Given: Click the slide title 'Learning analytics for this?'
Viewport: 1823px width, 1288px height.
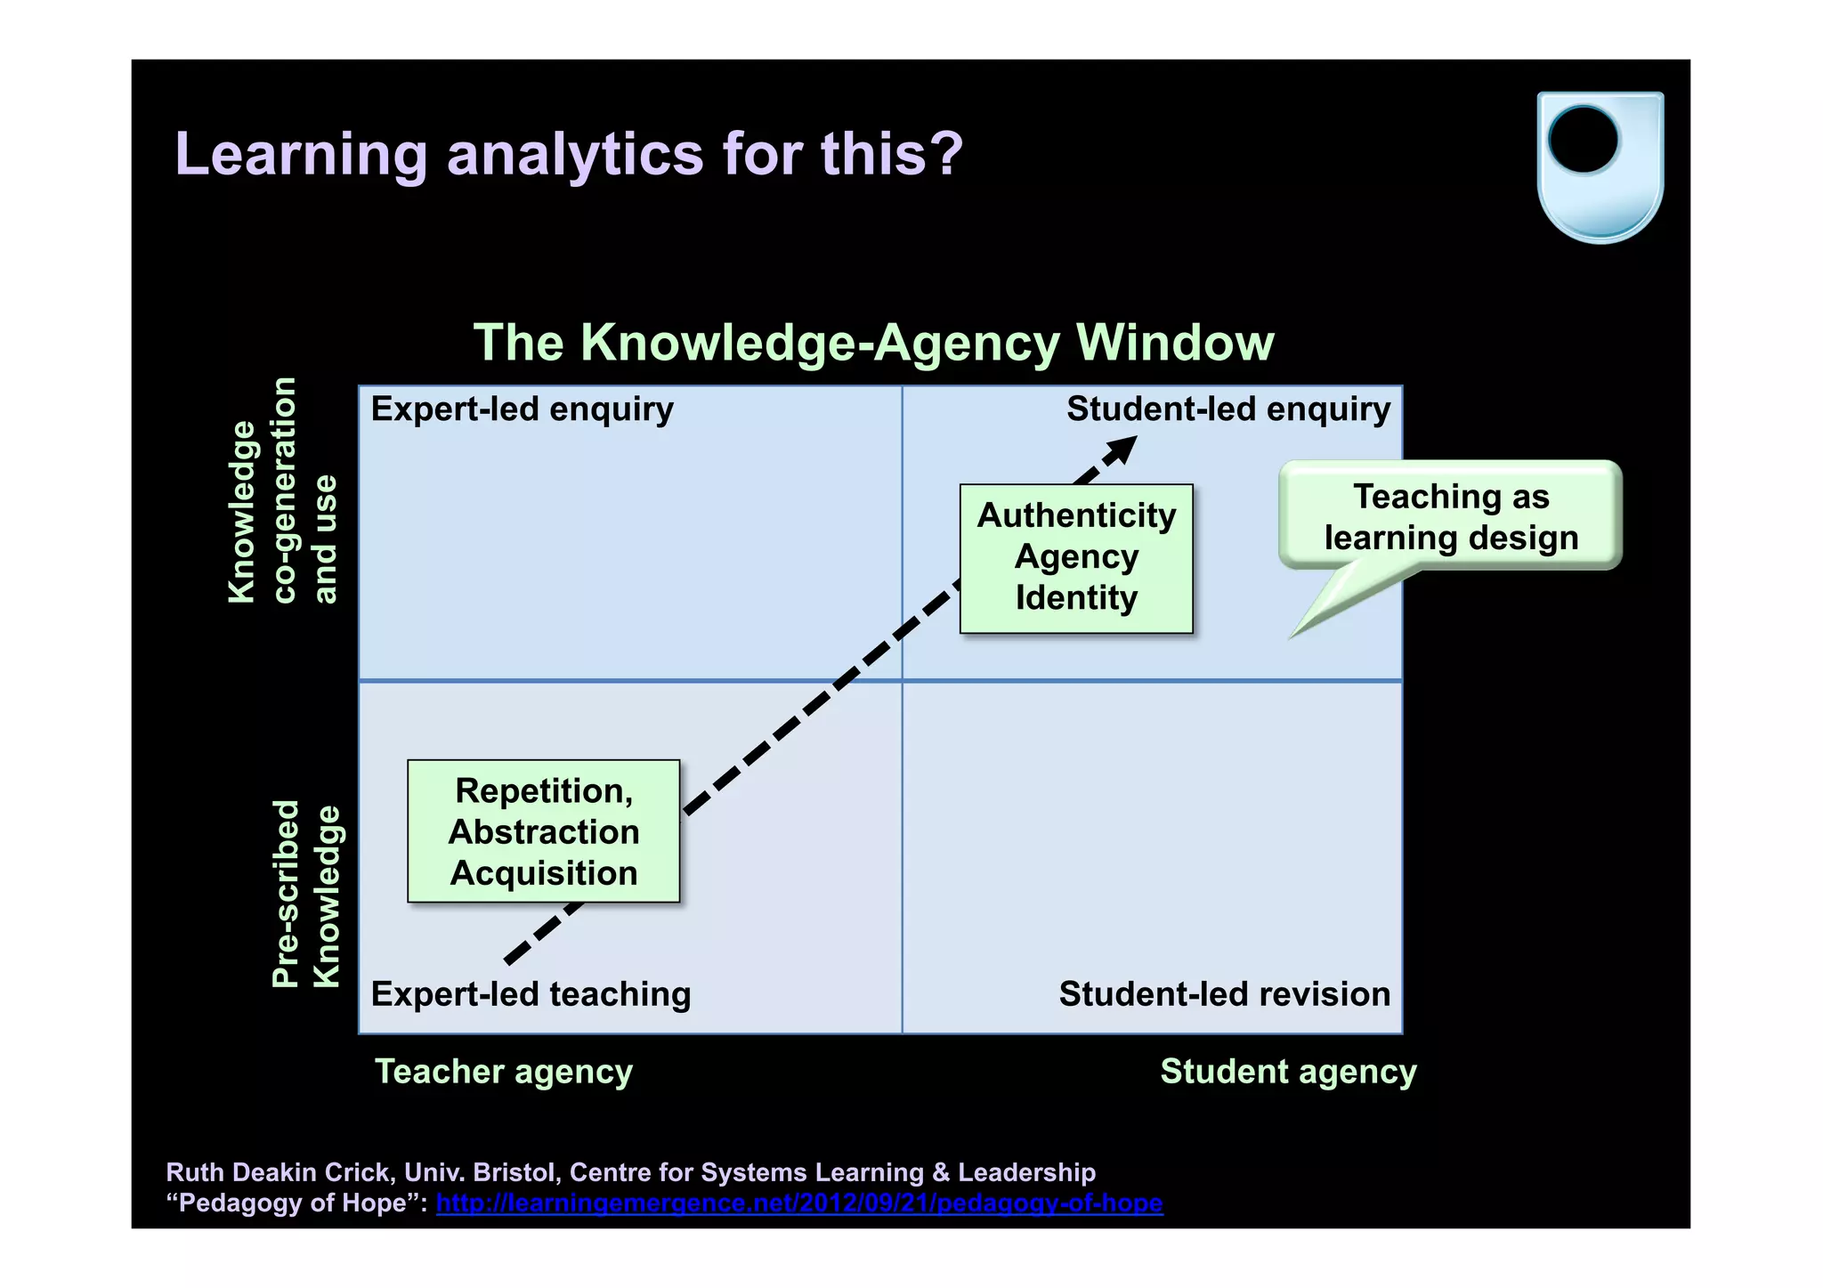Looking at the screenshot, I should point(569,154).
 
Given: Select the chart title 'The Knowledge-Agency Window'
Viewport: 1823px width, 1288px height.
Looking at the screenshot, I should point(873,342).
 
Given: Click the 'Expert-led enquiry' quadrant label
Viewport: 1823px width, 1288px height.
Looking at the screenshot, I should point(522,409).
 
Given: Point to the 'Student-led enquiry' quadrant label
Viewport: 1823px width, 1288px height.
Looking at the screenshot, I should point(1228,409).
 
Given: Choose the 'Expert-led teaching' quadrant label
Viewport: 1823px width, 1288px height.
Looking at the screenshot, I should point(531,993).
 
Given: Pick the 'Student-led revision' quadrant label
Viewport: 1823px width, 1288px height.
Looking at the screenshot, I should point(1224,993).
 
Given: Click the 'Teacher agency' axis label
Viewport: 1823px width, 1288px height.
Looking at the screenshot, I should point(504,1071).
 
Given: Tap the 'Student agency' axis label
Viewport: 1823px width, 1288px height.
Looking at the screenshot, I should point(1288,1071).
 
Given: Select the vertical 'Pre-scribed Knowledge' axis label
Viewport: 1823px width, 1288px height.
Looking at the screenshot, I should point(305,894).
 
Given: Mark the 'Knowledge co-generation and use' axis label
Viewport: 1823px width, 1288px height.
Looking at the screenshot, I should point(282,491).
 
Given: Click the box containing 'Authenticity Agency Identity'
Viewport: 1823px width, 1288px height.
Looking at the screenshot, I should point(1076,558).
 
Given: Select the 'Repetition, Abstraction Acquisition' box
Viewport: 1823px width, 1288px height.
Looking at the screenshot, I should point(544,831).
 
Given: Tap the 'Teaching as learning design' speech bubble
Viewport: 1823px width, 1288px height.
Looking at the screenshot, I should point(1451,515).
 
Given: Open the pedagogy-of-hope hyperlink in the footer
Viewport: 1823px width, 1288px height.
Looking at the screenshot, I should point(799,1203).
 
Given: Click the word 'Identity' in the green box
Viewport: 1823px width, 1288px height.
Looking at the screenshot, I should point(1076,598).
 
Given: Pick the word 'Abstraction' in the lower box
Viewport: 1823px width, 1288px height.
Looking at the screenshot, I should point(544,832).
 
